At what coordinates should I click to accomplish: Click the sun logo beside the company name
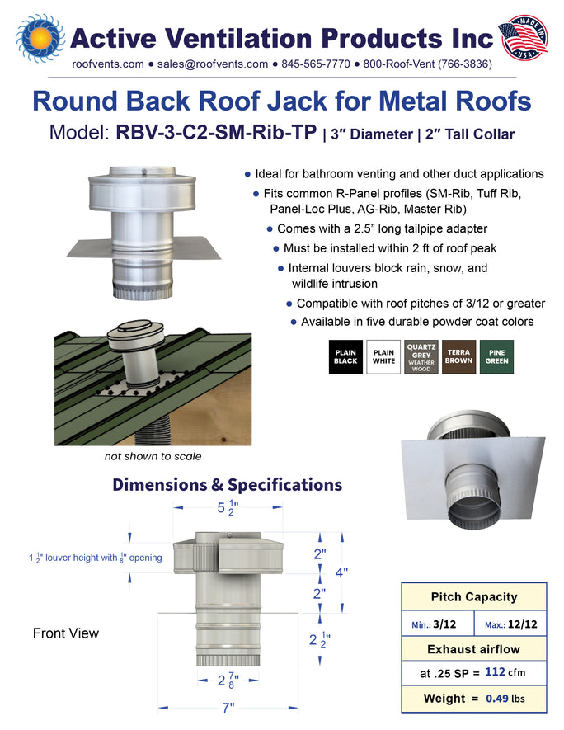(40, 38)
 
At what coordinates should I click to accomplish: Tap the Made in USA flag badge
(523, 38)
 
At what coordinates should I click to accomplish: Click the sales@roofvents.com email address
(213, 64)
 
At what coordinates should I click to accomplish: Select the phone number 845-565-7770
(316, 64)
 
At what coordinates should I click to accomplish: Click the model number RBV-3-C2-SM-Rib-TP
(216, 132)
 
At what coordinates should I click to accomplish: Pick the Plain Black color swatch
(345, 357)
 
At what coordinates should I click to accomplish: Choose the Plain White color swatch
(383, 357)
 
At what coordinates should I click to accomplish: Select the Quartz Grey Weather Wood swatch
(421, 357)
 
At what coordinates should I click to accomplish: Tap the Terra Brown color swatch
(458, 357)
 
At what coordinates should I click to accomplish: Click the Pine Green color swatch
(496, 357)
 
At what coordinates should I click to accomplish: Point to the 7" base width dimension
(228, 708)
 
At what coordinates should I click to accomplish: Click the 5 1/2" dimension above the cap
(228, 507)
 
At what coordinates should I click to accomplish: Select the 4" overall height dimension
(341, 572)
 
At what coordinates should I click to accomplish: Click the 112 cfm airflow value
(505, 671)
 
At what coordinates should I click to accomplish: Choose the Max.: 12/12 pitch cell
(510, 624)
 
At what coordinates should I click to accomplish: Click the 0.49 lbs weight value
(505, 699)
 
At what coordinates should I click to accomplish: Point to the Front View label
(66, 633)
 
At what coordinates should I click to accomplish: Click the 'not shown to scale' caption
(153, 456)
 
